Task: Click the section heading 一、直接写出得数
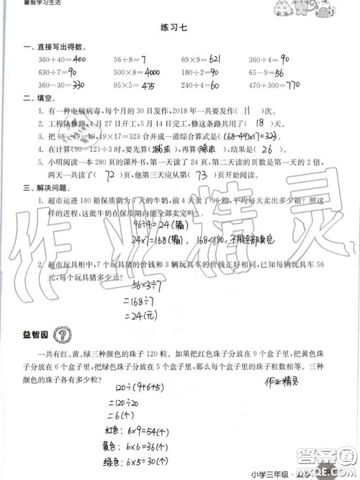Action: (x=48, y=46)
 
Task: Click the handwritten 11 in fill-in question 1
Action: (x=246, y=111)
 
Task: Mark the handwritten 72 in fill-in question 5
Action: (x=111, y=175)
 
